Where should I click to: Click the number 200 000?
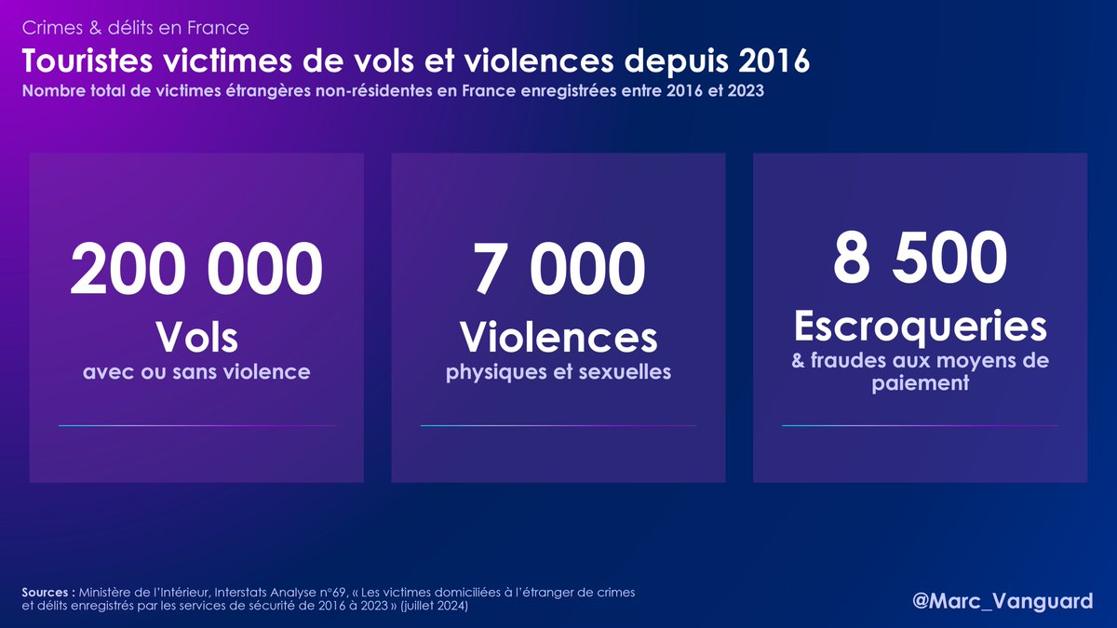coord(196,270)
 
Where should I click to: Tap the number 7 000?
coord(558,270)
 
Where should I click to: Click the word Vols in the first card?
coord(196,336)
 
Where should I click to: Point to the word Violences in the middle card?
coord(558,336)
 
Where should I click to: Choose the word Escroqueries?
coord(920,326)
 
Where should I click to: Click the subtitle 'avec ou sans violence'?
coord(196,372)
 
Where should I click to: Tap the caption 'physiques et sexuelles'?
coord(558,372)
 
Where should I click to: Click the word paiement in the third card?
coord(920,382)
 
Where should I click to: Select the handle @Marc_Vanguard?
coord(1003,601)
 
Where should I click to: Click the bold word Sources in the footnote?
coord(47,593)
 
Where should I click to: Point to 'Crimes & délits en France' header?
coord(135,28)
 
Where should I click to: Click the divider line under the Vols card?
coord(196,426)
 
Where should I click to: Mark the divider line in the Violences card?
coord(558,426)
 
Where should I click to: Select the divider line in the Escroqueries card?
coord(920,426)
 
